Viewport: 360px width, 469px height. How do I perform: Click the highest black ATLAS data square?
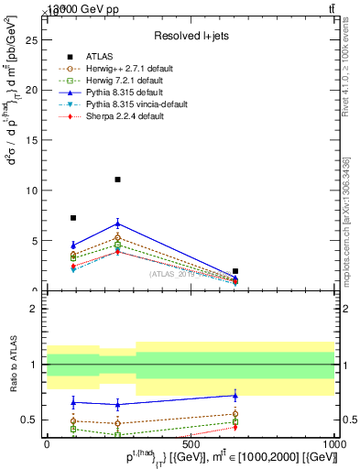(118, 180)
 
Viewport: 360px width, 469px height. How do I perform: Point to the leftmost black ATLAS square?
(73, 218)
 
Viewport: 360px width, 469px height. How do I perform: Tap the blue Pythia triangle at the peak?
(118, 223)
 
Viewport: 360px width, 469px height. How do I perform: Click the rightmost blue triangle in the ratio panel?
(235, 396)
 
